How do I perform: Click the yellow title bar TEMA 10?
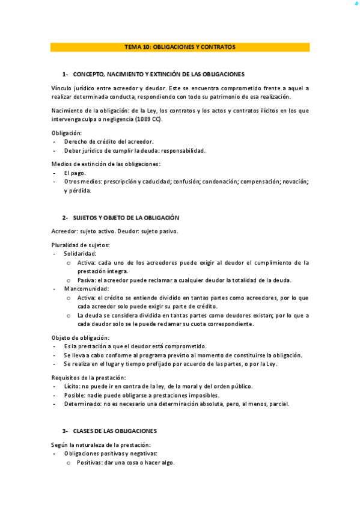pyautogui.click(x=180, y=47)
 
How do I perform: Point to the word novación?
pyautogui.click(x=294, y=181)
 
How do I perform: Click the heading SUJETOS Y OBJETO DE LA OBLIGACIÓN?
pyautogui.click(x=126, y=218)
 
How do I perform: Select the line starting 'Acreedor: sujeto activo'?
pyautogui.click(x=115, y=231)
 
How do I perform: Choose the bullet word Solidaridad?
pyautogui.click(x=80, y=254)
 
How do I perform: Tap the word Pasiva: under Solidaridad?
pyautogui.click(x=85, y=280)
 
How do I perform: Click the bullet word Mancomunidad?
pyautogui.click(x=87, y=289)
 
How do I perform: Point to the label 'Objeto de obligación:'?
pyautogui.click(x=81, y=337)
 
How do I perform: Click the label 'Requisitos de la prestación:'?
pyautogui.click(x=89, y=377)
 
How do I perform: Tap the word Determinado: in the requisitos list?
pyautogui.click(x=82, y=404)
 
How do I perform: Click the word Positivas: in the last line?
pyautogui.click(x=90, y=462)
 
